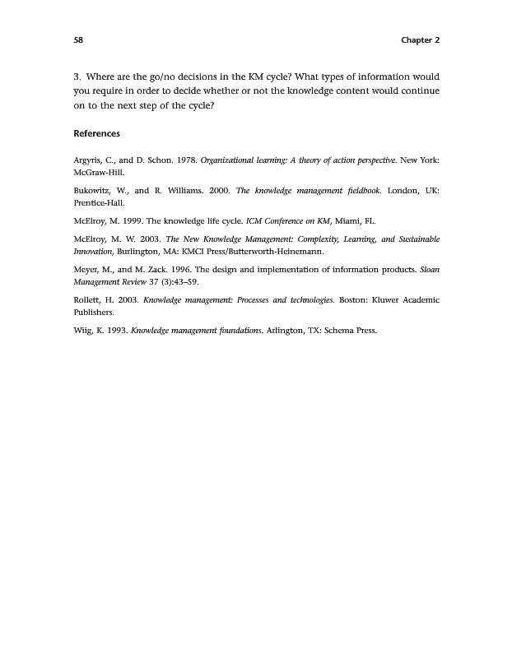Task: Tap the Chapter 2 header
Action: click(420, 39)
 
